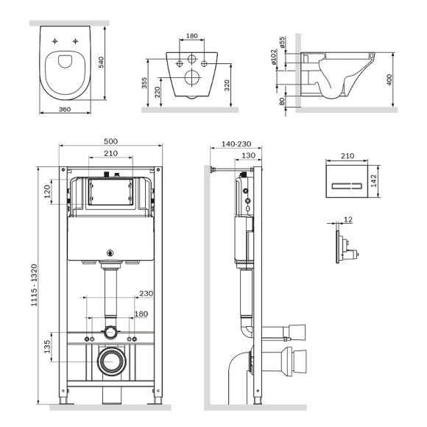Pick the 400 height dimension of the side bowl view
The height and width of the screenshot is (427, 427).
click(389, 78)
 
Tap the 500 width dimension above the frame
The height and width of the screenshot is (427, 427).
click(110, 141)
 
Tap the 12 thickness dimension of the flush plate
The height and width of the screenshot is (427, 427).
click(347, 220)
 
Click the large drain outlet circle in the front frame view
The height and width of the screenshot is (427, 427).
click(110, 361)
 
